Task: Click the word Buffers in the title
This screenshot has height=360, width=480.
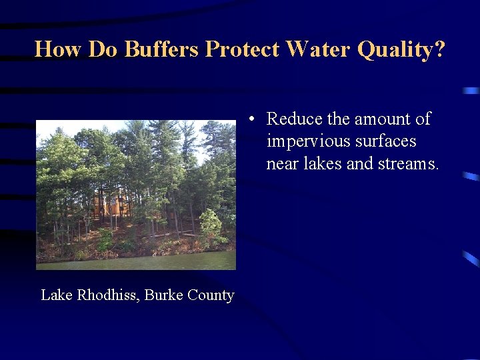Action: point(161,49)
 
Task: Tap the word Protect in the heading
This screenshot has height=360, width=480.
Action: point(242,49)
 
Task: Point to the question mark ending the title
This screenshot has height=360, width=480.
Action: point(439,49)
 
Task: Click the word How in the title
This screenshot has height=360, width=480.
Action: point(58,49)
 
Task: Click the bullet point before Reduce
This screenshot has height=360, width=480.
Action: point(251,119)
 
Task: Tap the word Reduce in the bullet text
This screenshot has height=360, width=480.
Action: point(294,119)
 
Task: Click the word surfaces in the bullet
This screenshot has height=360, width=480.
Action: point(386,141)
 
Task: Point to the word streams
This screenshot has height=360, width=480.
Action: point(409,164)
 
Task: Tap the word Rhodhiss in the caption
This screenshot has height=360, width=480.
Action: point(106,295)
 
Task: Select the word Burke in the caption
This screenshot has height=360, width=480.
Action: point(163,295)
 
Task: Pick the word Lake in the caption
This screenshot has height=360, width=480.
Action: point(57,295)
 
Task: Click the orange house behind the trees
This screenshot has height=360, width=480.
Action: point(111,204)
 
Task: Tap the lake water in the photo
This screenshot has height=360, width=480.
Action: point(136,261)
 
